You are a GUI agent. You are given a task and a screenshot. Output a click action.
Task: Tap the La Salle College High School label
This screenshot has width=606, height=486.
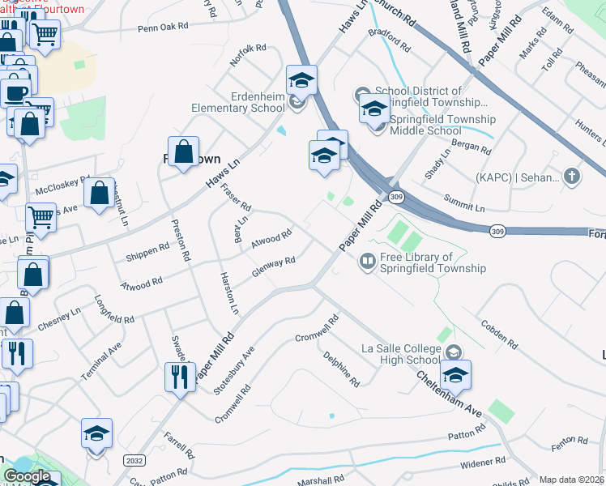pos(400,355)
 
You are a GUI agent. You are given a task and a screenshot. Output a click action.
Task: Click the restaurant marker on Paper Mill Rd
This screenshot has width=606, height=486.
pos(179,377)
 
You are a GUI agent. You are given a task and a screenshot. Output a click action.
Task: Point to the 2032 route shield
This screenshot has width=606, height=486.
pos(135,459)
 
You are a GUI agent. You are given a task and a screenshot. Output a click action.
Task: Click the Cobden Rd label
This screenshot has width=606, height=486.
pos(499,331)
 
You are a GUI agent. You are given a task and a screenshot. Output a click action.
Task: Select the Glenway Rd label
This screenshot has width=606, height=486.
pos(273,266)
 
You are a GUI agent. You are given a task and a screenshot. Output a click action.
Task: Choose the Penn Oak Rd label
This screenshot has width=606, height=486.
pos(163,27)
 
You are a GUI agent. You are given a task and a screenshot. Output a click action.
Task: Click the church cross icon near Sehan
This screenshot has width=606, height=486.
pos(572,177)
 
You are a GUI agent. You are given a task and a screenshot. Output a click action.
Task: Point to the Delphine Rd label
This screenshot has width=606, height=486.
pos(341,369)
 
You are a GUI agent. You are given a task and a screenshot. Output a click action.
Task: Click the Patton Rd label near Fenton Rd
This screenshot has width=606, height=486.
pos(466,436)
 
